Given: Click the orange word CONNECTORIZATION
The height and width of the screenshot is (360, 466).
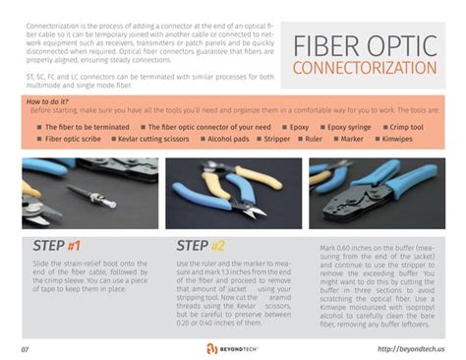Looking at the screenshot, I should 365,68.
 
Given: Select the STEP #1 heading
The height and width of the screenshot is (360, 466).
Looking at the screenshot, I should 57,246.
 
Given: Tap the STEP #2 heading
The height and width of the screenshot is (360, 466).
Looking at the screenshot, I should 201,246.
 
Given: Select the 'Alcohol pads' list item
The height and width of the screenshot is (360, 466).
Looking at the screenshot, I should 228,140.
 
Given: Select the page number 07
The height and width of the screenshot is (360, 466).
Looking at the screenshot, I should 25,349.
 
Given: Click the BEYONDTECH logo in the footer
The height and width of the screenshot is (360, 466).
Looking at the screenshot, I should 232,348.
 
